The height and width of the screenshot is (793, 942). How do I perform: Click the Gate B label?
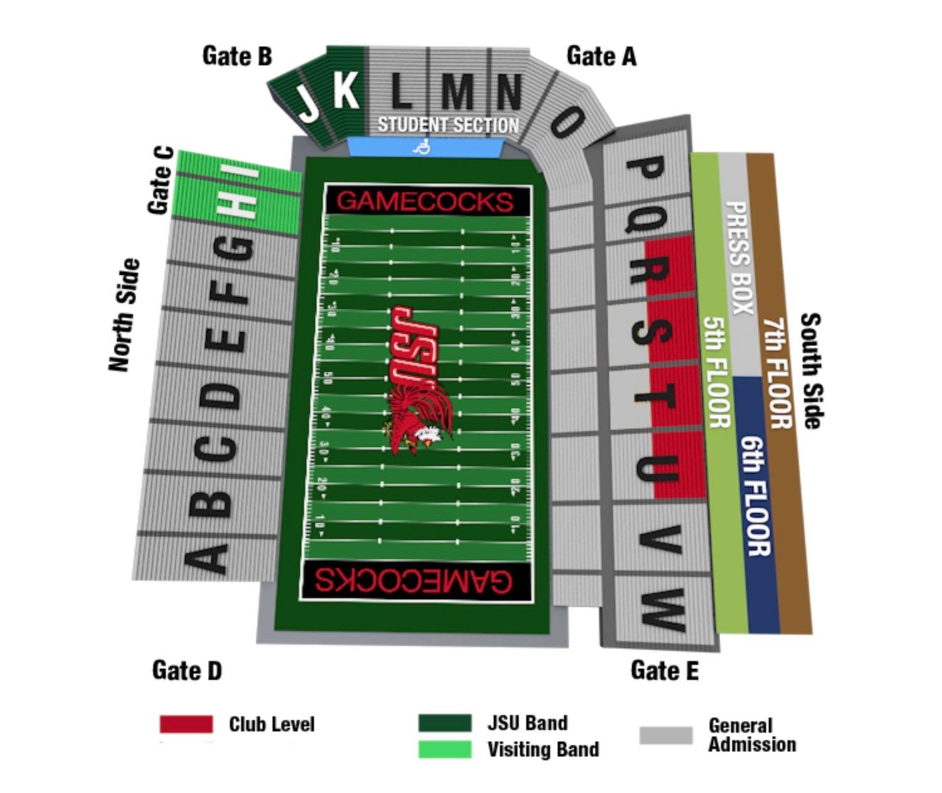click(x=237, y=56)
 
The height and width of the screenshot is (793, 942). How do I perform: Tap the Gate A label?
click(x=601, y=56)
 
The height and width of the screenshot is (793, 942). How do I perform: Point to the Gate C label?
click(x=161, y=180)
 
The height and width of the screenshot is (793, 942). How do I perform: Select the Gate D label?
click(x=187, y=670)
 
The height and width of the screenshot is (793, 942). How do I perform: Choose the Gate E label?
click(x=664, y=670)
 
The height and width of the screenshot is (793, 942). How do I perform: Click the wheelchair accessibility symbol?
click(x=422, y=147)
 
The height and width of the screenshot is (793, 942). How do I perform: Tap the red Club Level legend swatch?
click(x=186, y=724)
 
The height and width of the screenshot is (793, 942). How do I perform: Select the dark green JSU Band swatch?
click(x=445, y=723)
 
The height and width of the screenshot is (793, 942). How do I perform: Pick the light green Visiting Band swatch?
click(x=445, y=749)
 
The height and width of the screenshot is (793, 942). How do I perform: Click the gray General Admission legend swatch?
click(x=666, y=735)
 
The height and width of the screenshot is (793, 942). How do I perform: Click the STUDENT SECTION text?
click(x=448, y=125)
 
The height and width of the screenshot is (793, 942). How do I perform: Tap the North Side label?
click(x=124, y=314)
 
